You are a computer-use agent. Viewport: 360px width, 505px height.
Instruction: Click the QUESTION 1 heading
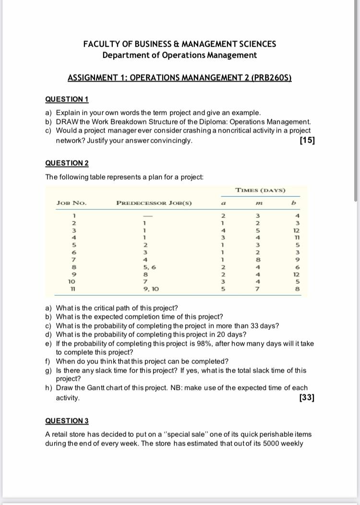coord(67,99)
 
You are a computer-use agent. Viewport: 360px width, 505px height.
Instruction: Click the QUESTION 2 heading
coord(67,163)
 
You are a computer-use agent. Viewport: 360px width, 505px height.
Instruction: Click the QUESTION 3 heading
coord(67,421)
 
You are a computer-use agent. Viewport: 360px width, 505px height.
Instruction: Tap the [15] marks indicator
coord(307,141)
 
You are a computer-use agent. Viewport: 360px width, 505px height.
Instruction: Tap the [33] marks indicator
coord(307,397)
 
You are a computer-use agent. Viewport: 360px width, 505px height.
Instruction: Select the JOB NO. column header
coord(72,203)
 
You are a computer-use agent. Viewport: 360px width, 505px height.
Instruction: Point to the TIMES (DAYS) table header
coord(261,190)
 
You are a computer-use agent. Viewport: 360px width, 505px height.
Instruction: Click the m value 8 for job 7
coord(258,259)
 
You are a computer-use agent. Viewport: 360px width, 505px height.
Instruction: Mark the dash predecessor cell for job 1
coord(143,215)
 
